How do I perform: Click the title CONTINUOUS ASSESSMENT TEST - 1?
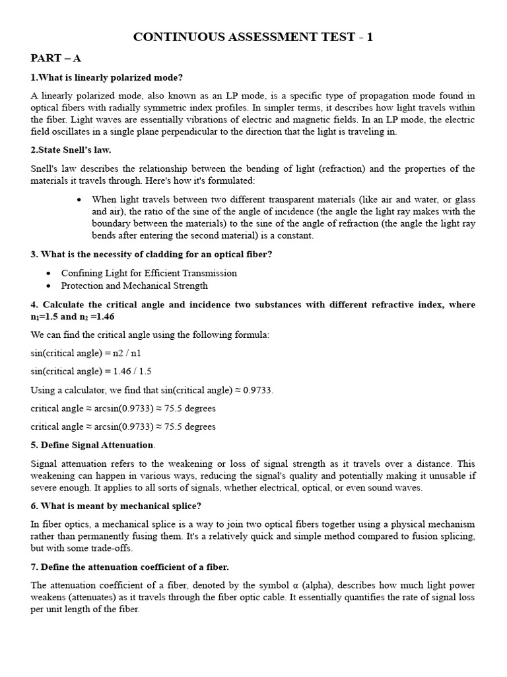point(253,37)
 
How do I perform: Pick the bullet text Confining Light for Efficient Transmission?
point(149,273)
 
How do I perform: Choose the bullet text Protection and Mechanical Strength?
point(134,286)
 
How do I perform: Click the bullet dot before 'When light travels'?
point(79,200)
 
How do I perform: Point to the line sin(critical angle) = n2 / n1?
point(86,353)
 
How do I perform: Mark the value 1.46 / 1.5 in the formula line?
point(137,372)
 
